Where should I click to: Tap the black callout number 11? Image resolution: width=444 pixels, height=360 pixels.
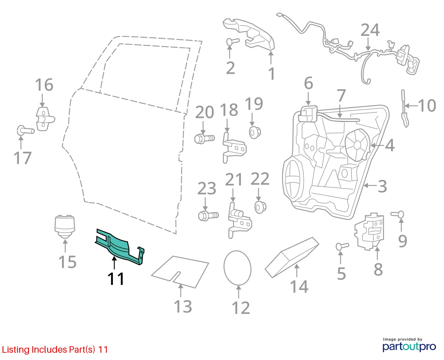[116, 279]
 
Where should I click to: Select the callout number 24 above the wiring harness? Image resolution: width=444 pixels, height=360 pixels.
[370, 30]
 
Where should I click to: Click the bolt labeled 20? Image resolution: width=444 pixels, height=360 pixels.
[204, 139]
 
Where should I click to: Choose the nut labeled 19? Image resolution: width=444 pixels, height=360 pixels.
[255, 132]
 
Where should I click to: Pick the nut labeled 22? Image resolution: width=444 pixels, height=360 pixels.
[260, 207]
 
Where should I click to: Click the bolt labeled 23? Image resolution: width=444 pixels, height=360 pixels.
[208, 215]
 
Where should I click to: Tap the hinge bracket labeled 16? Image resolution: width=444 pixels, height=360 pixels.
[45, 119]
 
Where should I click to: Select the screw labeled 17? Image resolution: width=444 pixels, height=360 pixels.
[25, 131]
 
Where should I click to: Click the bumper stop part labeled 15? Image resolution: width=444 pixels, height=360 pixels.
[65, 226]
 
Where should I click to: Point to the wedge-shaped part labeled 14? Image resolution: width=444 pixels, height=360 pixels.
[292, 257]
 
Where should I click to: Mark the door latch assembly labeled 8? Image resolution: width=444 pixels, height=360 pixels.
[369, 232]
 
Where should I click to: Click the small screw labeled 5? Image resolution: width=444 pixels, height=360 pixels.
[342, 246]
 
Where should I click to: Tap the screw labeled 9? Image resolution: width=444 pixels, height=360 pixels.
[397, 214]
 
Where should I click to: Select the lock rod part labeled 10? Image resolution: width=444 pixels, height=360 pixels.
[404, 109]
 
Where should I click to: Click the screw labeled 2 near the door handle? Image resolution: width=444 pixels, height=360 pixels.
[233, 41]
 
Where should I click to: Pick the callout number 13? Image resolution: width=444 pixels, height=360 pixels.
[182, 306]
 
